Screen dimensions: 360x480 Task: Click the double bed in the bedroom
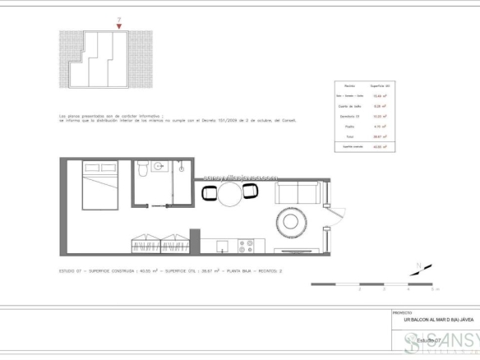(x=99, y=193)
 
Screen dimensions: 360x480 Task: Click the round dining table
(x=229, y=194)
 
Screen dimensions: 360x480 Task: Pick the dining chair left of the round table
(x=209, y=194)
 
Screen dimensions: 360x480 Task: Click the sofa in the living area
(x=298, y=195)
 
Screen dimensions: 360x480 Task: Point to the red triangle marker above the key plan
(x=120, y=27)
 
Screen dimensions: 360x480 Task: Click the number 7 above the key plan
(x=120, y=20)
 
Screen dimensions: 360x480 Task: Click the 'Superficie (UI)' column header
(x=379, y=85)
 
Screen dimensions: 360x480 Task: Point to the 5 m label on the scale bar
(x=436, y=289)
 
